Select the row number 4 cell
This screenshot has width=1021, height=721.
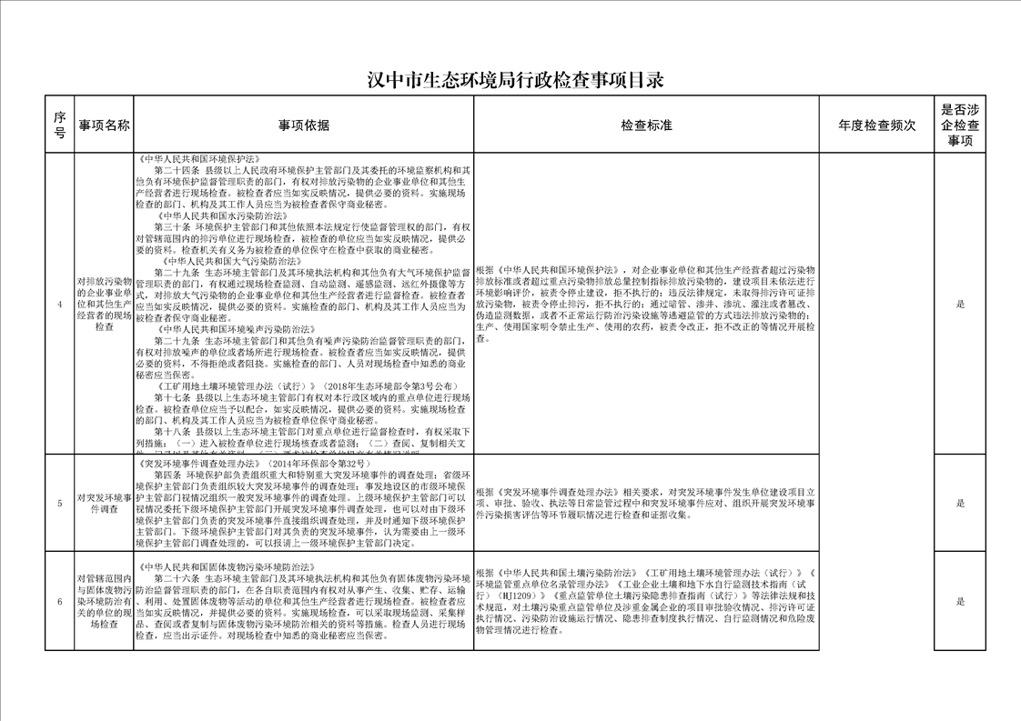(59, 305)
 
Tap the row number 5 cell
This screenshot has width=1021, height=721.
(59, 503)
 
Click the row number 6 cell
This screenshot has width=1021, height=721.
(59, 601)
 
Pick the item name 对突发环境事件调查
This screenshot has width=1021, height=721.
(105, 503)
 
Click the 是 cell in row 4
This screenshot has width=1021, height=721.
(960, 305)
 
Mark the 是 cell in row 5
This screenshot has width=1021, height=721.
(960, 503)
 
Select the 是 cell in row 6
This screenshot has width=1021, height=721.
(960, 601)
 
